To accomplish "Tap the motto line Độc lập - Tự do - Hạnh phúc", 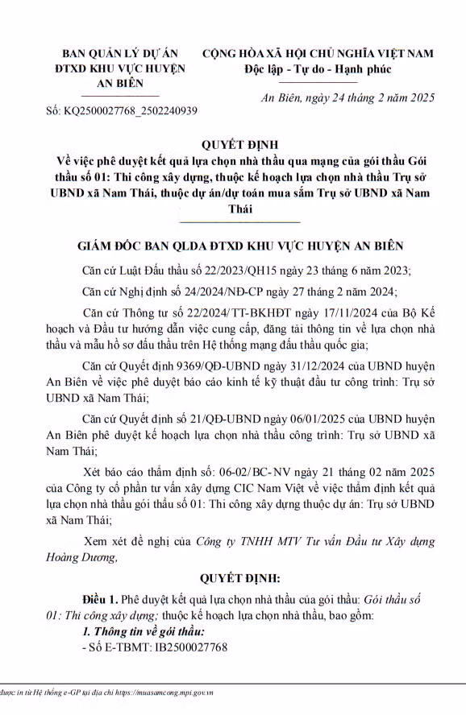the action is click(317, 68).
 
